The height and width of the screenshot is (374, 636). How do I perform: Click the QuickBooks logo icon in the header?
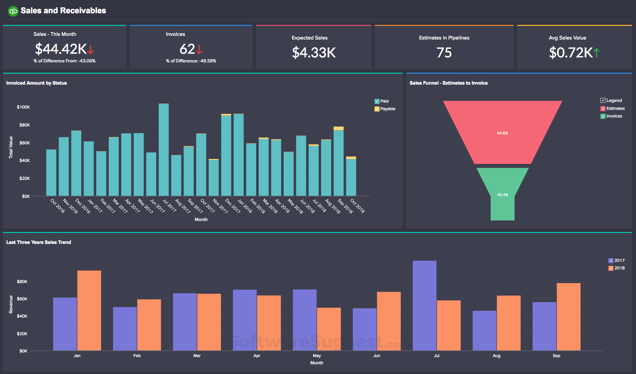click(13, 11)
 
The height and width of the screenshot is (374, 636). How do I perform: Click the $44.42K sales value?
click(61, 49)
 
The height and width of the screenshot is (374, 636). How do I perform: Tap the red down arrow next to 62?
click(199, 50)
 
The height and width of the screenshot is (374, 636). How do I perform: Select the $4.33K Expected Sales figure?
click(314, 53)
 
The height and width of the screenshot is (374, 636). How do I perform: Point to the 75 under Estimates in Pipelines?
click(444, 53)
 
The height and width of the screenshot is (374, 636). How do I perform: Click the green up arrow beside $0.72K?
click(597, 52)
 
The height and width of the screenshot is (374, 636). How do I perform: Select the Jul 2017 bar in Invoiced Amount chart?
click(164, 149)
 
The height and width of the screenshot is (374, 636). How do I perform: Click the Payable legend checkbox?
click(377, 109)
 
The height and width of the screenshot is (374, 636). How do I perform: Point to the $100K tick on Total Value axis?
click(23, 107)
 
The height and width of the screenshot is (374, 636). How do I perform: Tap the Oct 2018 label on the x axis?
click(358, 206)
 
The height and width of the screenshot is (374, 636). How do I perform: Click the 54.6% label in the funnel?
click(502, 133)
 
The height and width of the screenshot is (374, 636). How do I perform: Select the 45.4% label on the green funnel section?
click(502, 195)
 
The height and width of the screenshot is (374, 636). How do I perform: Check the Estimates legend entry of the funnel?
click(603, 109)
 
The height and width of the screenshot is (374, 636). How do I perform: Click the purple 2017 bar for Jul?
click(424, 305)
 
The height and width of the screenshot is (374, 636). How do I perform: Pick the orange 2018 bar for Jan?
click(89, 310)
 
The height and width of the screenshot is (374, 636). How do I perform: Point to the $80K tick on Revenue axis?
click(22, 282)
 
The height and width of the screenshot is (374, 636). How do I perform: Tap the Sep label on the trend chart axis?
click(556, 356)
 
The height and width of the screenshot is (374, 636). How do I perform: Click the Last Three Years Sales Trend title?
click(38, 242)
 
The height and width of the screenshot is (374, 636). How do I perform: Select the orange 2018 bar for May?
click(328, 329)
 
